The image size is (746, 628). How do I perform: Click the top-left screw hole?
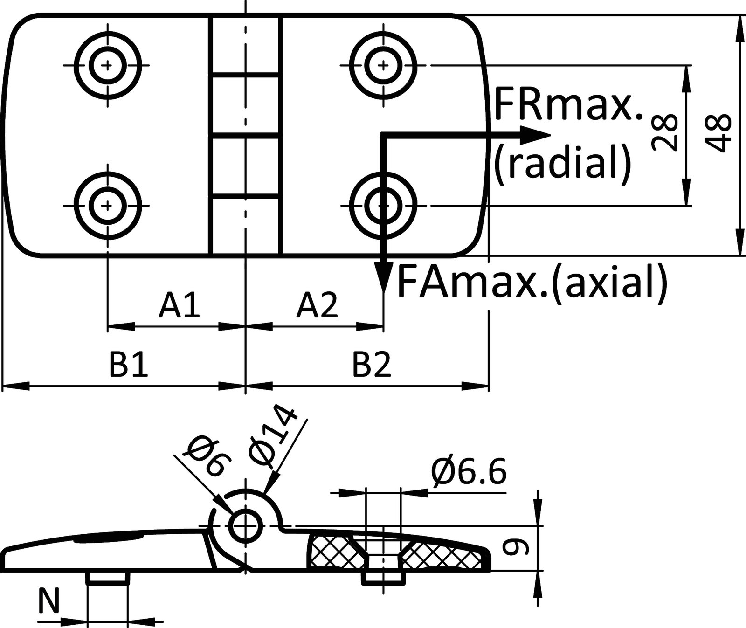[x=108, y=65]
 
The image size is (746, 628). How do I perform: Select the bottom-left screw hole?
[x=108, y=205]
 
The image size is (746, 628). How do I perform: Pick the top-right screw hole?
[x=383, y=65]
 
